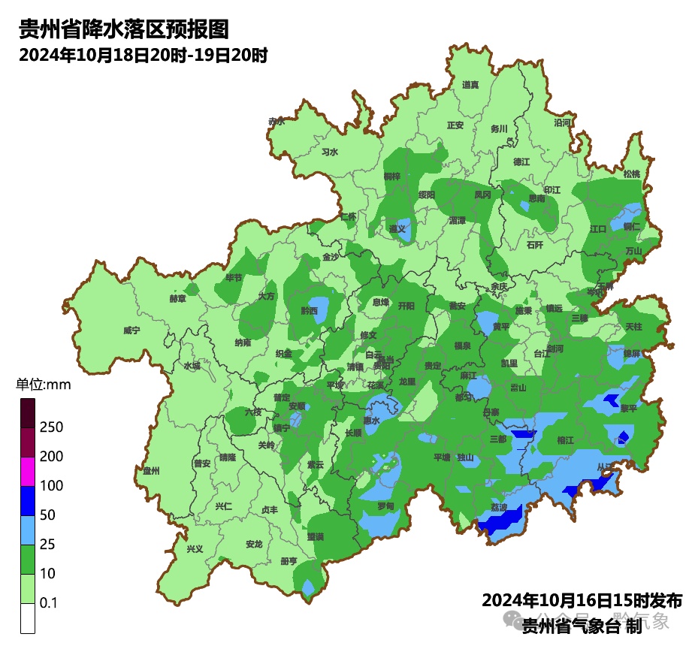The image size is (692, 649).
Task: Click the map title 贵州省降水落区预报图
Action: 123,30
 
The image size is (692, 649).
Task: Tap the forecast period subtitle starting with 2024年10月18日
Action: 144,56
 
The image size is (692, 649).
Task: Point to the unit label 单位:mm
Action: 43,385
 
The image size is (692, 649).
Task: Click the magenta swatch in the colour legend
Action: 28,471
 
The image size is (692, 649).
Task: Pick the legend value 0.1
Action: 50,603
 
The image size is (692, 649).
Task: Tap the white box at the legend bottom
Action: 28,618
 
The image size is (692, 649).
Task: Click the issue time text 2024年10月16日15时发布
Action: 582,600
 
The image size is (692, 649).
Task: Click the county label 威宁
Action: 131,331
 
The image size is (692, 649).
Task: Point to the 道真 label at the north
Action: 470,85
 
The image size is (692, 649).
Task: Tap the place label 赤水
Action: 276,121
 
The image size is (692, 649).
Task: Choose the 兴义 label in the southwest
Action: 195,548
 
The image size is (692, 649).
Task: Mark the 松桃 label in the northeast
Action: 632,174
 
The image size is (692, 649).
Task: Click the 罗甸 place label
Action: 385,506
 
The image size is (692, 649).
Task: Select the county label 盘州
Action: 151,471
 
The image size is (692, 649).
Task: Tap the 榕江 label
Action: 565,440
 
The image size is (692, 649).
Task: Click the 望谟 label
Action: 315,536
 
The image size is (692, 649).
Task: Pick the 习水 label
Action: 329,152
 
